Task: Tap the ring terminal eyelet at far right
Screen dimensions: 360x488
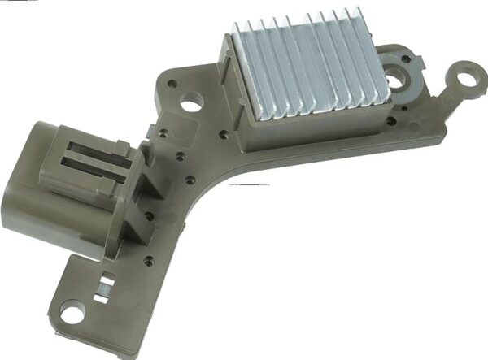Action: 468,79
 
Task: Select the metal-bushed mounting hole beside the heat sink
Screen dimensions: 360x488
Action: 399,80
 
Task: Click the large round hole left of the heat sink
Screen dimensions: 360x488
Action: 193,102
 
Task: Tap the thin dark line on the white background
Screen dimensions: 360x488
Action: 250,185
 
